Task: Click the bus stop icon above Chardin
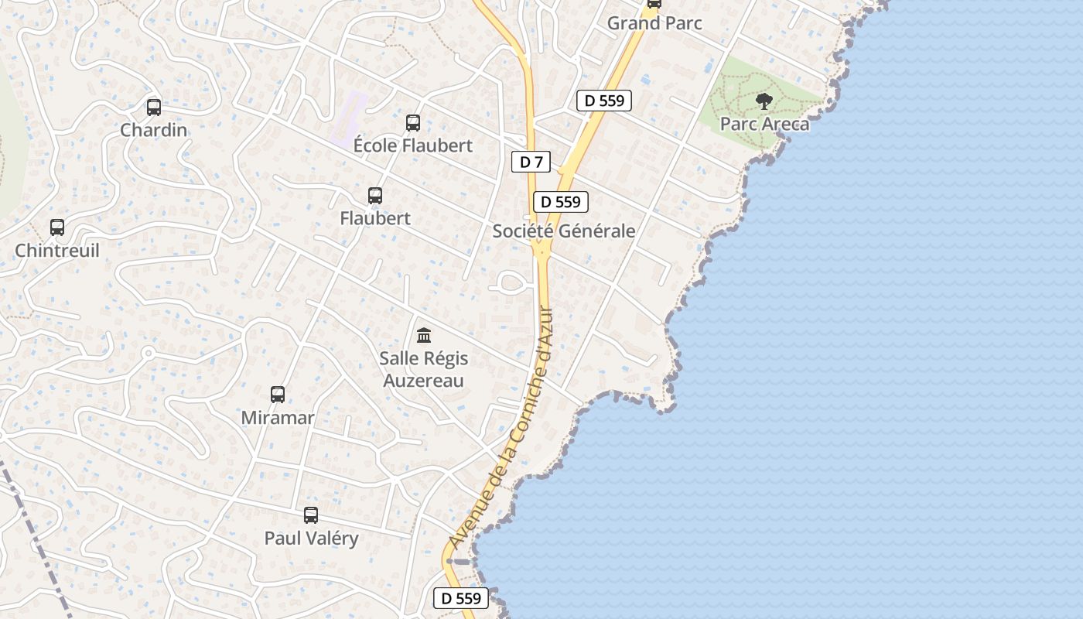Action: (x=154, y=108)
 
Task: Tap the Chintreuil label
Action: (x=57, y=251)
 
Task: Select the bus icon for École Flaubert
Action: (x=413, y=122)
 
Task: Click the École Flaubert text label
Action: (x=413, y=145)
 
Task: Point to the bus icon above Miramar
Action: (x=278, y=395)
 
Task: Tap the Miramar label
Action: (x=278, y=418)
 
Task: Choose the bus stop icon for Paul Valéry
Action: (x=311, y=515)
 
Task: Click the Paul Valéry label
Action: (x=311, y=539)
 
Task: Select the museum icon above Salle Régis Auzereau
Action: (x=424, y=336)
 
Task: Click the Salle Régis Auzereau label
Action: (x=423, y=370)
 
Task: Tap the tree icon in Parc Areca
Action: (x=764, y=101)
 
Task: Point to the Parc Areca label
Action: (x=764, y=124)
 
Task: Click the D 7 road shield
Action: (x=531, y=162)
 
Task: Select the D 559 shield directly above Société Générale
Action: (x=561, y=202)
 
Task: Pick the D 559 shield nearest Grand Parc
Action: (x=604, y=100)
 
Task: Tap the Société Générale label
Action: (x=564, y=231)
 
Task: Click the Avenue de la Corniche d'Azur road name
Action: (x=501, y=426)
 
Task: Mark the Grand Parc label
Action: (x=654, y=23)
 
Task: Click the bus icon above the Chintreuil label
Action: (x=57, y=227)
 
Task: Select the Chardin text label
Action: (x=154, y=130)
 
